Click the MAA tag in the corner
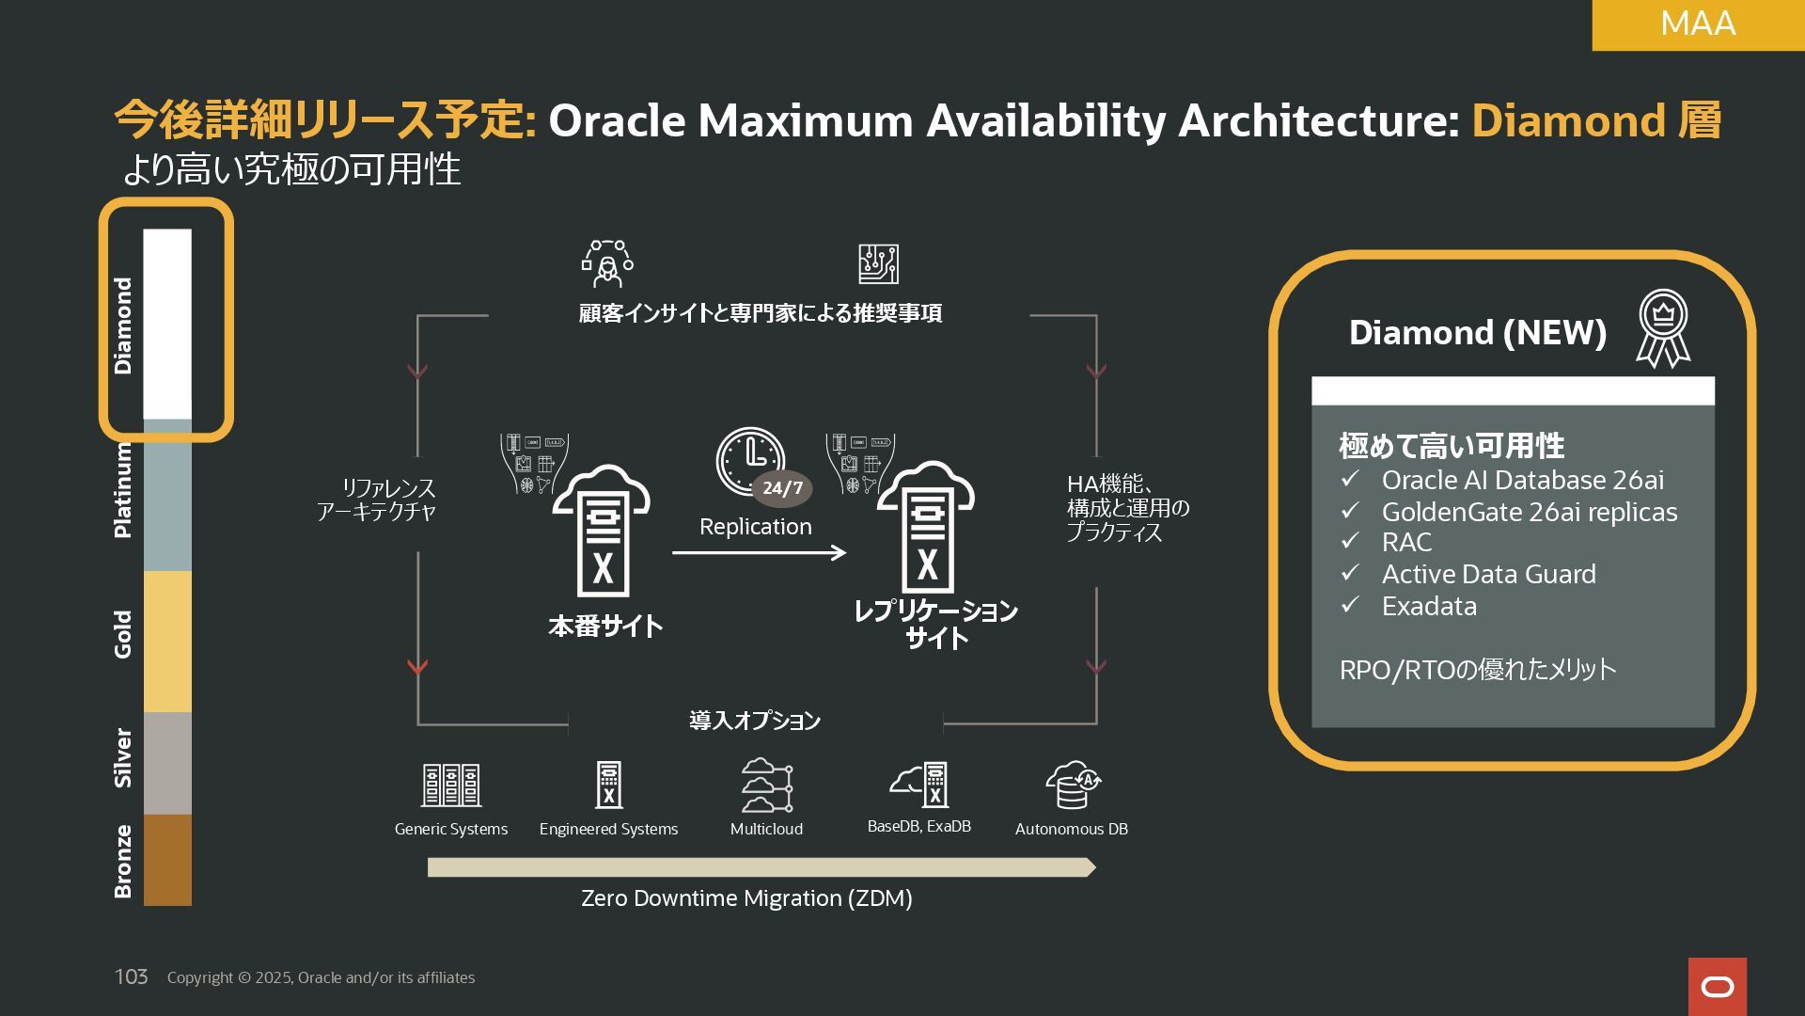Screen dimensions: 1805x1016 tap(1697, 24)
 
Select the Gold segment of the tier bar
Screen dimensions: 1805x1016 tap(167, 642)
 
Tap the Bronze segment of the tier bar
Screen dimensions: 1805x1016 tap(167, 860)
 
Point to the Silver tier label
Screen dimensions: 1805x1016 tap(123, 757)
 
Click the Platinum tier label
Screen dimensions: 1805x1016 tap(123, 489)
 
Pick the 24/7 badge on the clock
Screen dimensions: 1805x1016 tap(782, 488)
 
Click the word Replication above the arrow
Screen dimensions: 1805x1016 tap(755, 527)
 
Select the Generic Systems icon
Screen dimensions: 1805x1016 tap(451, 785)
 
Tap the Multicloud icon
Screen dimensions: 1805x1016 tap(766, 785)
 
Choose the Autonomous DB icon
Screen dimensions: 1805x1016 tap(1072, 785)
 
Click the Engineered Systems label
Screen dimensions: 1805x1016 tap(608, 829)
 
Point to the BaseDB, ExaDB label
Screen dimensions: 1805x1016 tap(918, 826)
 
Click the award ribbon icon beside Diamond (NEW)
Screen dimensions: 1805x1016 tap(1662, 328)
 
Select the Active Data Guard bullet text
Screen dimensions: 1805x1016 tap(1488, 574)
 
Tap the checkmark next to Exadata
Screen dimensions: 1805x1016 tap(1350, 605)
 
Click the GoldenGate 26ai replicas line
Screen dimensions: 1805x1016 tap(1529, 512)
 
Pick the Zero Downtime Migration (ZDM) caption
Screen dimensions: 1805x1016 tap(746, 898)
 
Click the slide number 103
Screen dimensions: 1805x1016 tap(131, 976)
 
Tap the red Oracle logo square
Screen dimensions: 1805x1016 tap(1717, 986)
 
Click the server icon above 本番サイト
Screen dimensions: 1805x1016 tap(602, 532)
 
